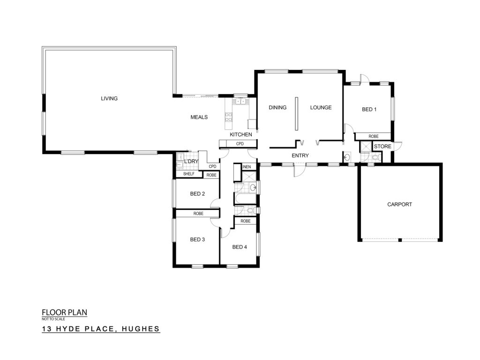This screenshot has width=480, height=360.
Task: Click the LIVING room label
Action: (x=109, y=98)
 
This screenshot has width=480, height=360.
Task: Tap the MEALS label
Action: (x=199, y=117)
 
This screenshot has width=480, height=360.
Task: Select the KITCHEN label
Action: (x=241, y=135)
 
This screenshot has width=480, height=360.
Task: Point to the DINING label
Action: (x=277, y=107)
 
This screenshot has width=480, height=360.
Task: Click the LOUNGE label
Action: (x=321, y=107)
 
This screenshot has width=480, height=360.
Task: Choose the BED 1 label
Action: (x=369, y=109)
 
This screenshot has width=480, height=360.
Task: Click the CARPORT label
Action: (x=399, y=204)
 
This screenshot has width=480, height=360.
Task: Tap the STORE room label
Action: (x=382, y=146)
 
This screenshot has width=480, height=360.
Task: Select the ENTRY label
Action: (x=300, y=156)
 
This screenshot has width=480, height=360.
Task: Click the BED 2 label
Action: (x=197, y=194)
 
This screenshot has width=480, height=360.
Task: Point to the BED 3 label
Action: (x=197, y=240)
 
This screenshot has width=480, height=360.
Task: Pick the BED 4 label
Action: (x=240, y=247)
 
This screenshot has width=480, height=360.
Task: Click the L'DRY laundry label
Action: (x=191, y=161)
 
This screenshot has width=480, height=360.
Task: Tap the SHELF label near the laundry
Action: (x=188, y=173)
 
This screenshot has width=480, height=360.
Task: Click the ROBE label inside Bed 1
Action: (x=374, y=136)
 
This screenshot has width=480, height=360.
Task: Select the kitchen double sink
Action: (x=240, y=101)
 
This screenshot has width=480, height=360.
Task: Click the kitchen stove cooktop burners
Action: (x=229, y=117)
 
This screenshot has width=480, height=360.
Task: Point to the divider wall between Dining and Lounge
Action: (x=296, y=113)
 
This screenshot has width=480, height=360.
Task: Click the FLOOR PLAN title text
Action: (x=65, y=313)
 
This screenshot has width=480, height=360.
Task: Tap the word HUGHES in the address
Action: (x=141, y=329)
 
